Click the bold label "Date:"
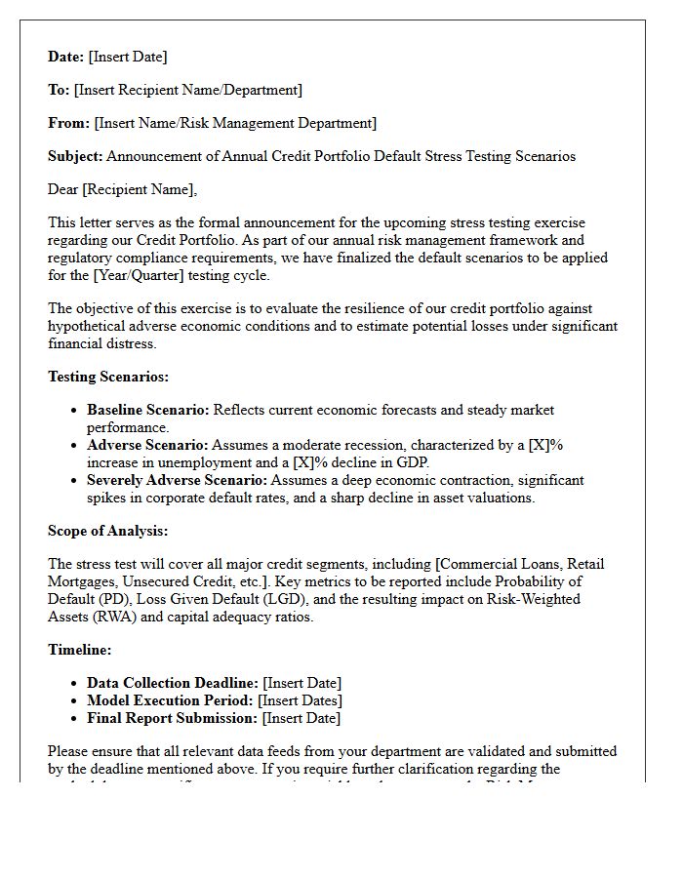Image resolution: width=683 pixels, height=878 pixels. (66, 57)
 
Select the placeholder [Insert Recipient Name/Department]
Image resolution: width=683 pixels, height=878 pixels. (188, 90)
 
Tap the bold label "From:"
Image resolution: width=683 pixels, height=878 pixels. (68, 123)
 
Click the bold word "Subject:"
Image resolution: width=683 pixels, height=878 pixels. (75, 156)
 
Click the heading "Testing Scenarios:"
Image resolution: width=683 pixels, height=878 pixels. (108, 377)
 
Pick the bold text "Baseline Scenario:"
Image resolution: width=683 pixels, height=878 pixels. (148, 410)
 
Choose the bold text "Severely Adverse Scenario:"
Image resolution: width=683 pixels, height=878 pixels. (177, 480)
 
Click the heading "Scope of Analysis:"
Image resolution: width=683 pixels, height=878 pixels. (108, 531)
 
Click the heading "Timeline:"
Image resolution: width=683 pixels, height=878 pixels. (80, 650)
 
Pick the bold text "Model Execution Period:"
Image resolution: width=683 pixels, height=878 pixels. (170, 700)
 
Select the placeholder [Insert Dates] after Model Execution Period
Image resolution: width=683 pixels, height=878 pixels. (300, 700)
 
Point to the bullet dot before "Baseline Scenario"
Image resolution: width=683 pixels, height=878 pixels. (74, 411)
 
